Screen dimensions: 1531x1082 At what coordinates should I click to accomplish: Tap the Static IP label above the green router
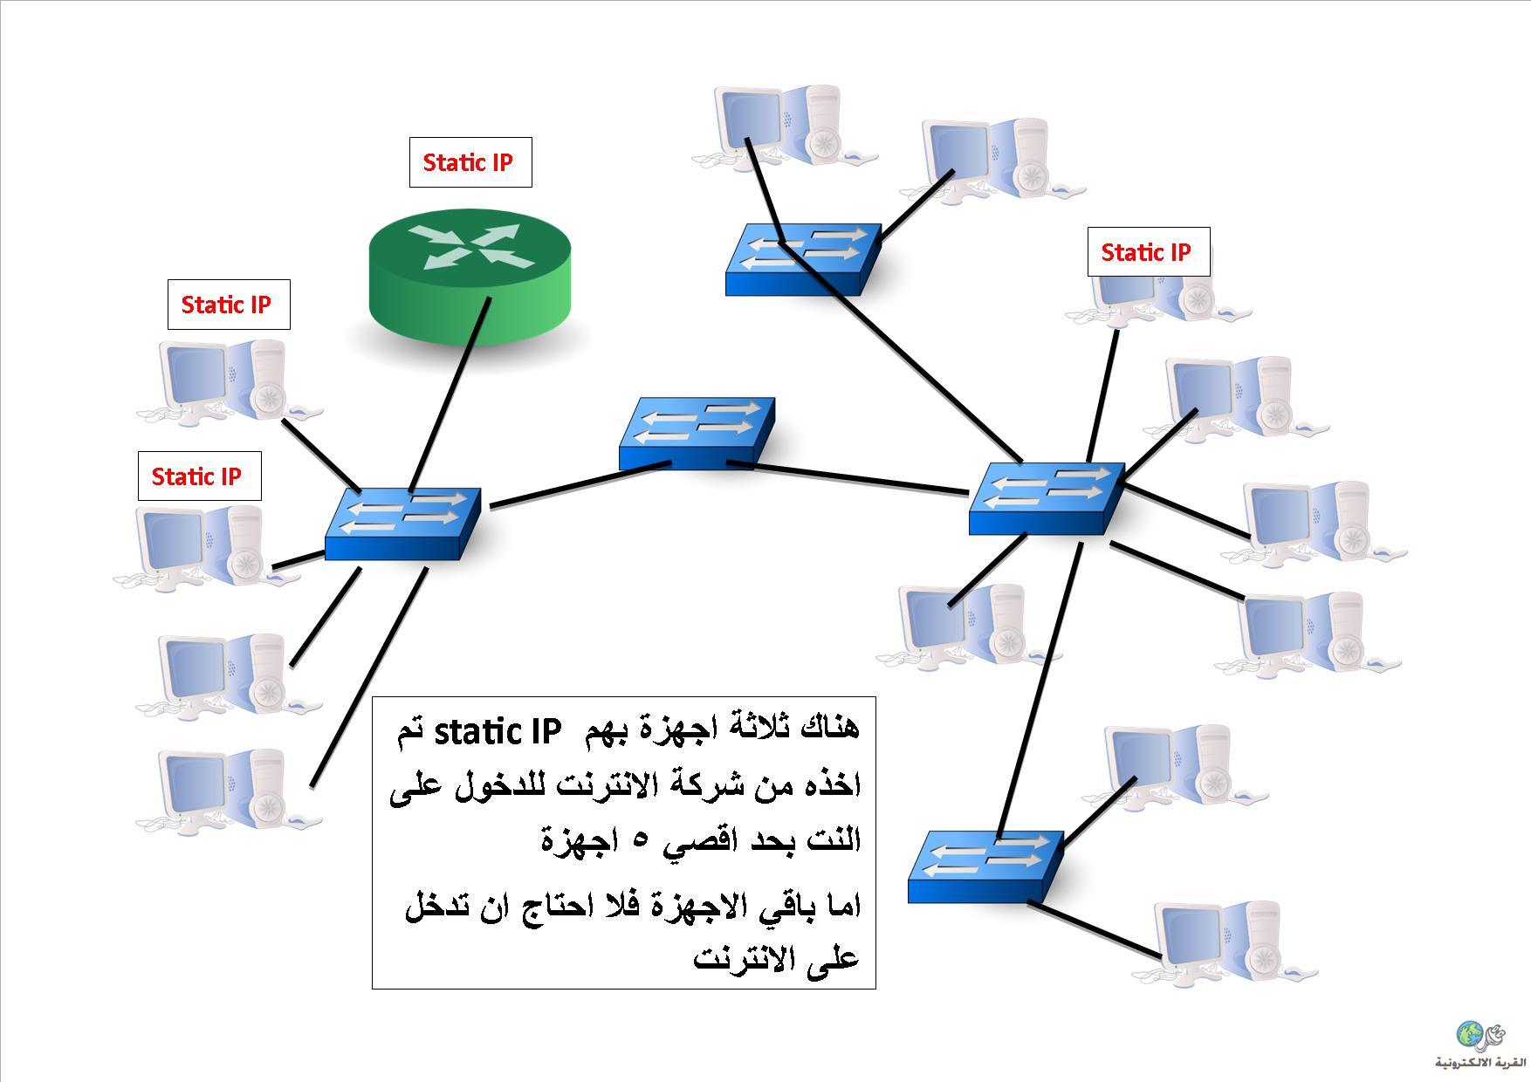click(x=470, y=162)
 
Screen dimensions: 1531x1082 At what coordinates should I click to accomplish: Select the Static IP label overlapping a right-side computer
click(x=1149, y=252)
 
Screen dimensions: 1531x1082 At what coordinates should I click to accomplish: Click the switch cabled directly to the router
click(x=402, y=524)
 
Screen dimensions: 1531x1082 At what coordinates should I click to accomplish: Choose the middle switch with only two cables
click(x=697, y=434)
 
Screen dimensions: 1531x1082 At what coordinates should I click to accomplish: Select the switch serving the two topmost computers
click(x=803, y=258)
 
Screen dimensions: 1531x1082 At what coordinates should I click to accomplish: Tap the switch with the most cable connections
click(x=1047, y=498)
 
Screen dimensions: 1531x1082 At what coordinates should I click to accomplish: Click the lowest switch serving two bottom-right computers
click(x=985, y=866)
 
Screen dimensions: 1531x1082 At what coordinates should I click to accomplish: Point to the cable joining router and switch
click(x=449, y=394)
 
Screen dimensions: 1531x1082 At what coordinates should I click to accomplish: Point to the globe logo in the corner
click(x=1470, y=1034)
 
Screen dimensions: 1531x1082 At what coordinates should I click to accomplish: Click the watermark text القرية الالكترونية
click(x=1480, y=1062)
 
